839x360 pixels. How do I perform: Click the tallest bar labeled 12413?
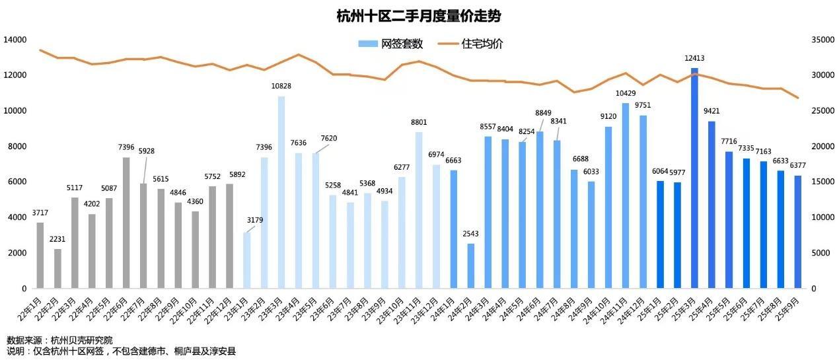[x=694, y=178]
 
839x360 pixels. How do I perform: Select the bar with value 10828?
[x=281, y=192]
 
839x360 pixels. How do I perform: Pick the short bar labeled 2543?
[x=471, y=266]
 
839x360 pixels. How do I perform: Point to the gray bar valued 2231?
[x=57, y=268]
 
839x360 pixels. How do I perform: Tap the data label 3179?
[x=254, y=220]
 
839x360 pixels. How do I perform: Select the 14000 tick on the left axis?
[x=15, y=40]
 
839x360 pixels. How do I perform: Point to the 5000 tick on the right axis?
[x=820, y=253]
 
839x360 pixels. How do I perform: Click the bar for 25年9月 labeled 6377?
[x=797, y=232]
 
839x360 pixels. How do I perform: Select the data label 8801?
[x=419, y=123]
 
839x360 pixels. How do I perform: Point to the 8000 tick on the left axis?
[x=18, y=147]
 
